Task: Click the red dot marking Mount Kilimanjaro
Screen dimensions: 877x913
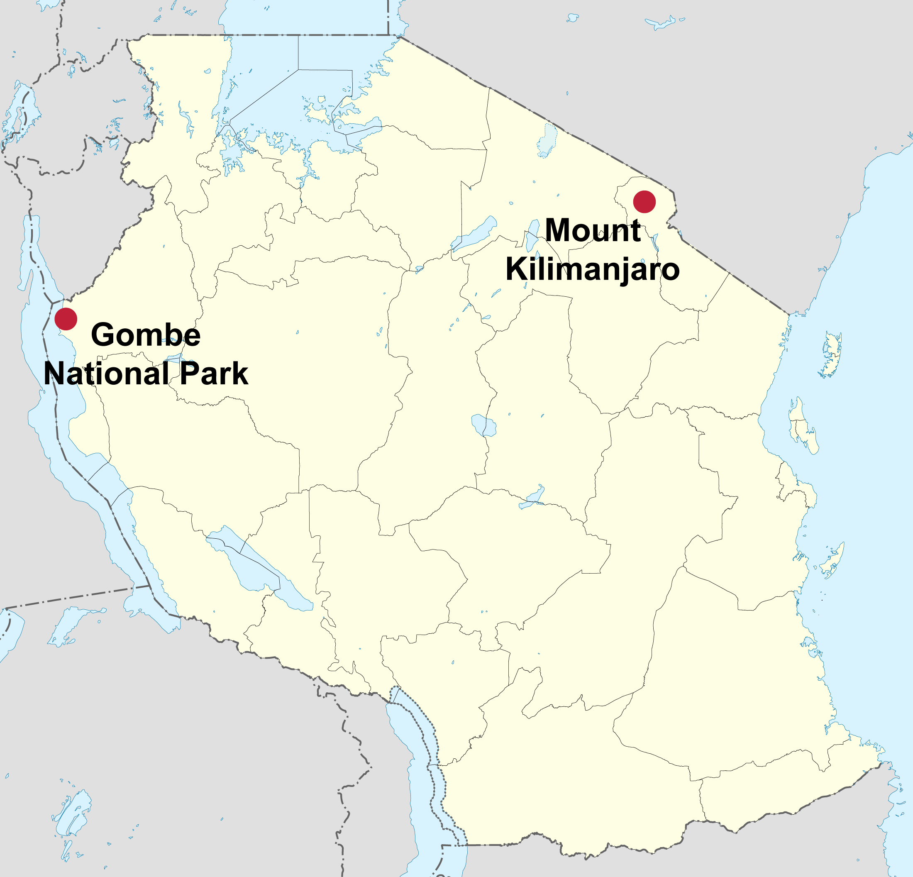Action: pos(644,202)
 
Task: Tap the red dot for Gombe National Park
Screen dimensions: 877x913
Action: pos(66,319)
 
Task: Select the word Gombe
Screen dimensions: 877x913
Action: pos(146,335)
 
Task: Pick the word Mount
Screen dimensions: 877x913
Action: pos(593,230)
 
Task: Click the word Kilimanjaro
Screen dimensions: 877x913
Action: pos(593,269)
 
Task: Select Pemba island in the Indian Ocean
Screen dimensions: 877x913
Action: pos(832,354)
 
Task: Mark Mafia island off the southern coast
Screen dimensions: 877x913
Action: pos(832,562)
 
